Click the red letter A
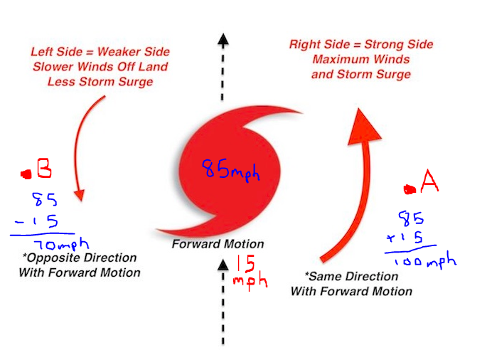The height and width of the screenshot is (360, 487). click(x=429, y=181)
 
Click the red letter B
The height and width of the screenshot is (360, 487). click(x=44, y=168)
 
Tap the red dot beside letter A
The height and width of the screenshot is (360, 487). click(x=410, y=189)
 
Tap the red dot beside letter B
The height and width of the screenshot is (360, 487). click(x=26, y=174)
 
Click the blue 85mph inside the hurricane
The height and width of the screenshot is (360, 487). click(x=231, y=170)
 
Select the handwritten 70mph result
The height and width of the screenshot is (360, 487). click(x=61, y=244)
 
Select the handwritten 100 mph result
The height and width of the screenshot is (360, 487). click(x=425, y=260)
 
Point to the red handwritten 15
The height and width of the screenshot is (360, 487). click(x=246, y=264)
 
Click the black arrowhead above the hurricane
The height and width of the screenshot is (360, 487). click(x=223, y=41)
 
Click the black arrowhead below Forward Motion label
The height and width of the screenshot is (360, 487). click(x=223, y=265)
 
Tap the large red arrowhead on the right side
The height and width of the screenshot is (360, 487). click(x=363, y=127)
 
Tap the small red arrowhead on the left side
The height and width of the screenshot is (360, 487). click(x=80, y=195)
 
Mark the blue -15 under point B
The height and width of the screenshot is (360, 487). click(x=36, y=221)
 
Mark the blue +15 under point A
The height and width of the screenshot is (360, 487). click(x=405, y=238)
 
